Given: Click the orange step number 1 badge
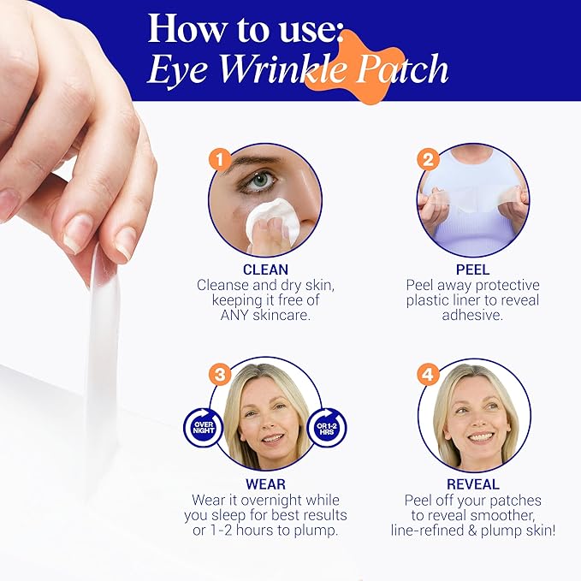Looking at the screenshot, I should tap(222, 159).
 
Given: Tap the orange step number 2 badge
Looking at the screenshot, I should tap(428, 159).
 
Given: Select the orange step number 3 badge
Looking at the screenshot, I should tap(221, 374).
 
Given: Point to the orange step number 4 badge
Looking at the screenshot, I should tap(428, 374).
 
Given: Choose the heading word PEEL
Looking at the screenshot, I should tap(474, 270).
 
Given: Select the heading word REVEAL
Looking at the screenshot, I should tap(474, 484).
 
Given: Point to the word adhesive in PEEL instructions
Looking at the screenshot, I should tap(473, 315).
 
